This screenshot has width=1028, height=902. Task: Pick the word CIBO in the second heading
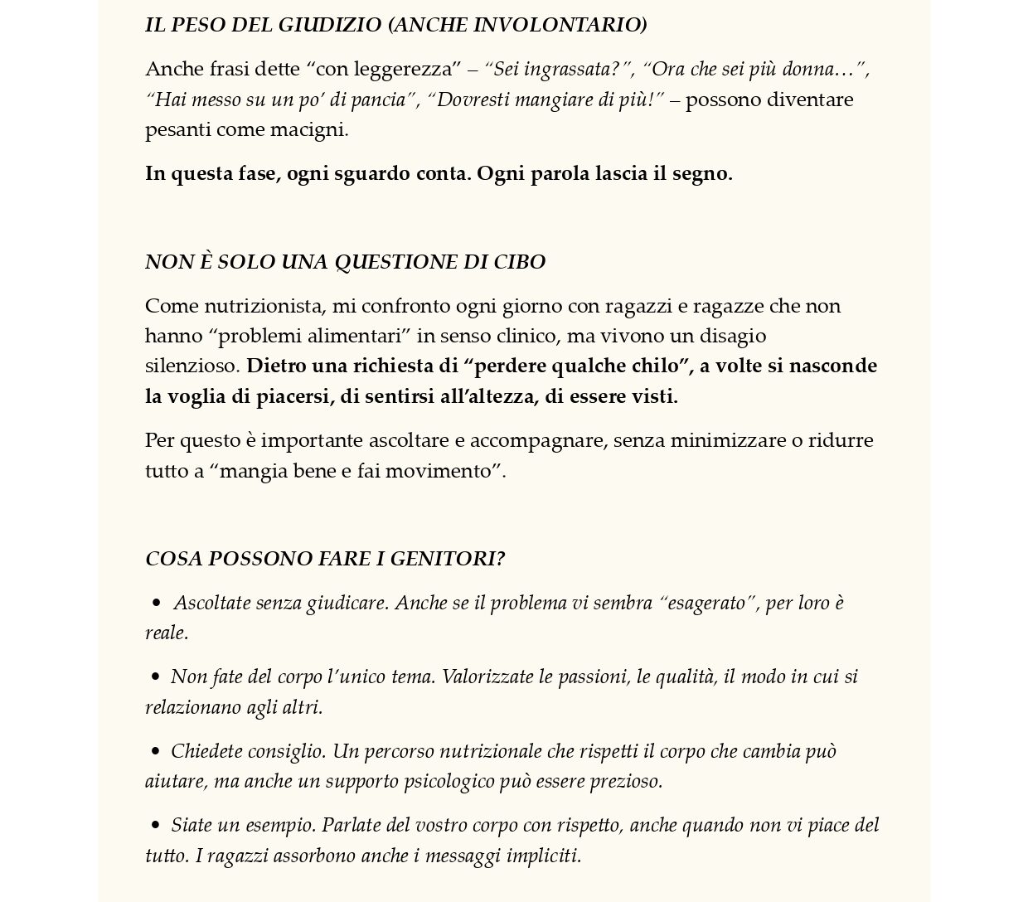(x=520, y=262)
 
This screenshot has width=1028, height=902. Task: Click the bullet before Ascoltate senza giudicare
(x=156, y=604)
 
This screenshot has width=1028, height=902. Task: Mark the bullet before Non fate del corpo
(x=156, y=677)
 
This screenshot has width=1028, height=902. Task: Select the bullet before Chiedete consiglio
(x=156, y=752)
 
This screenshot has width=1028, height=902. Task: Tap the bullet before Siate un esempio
(x=156, y=826)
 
